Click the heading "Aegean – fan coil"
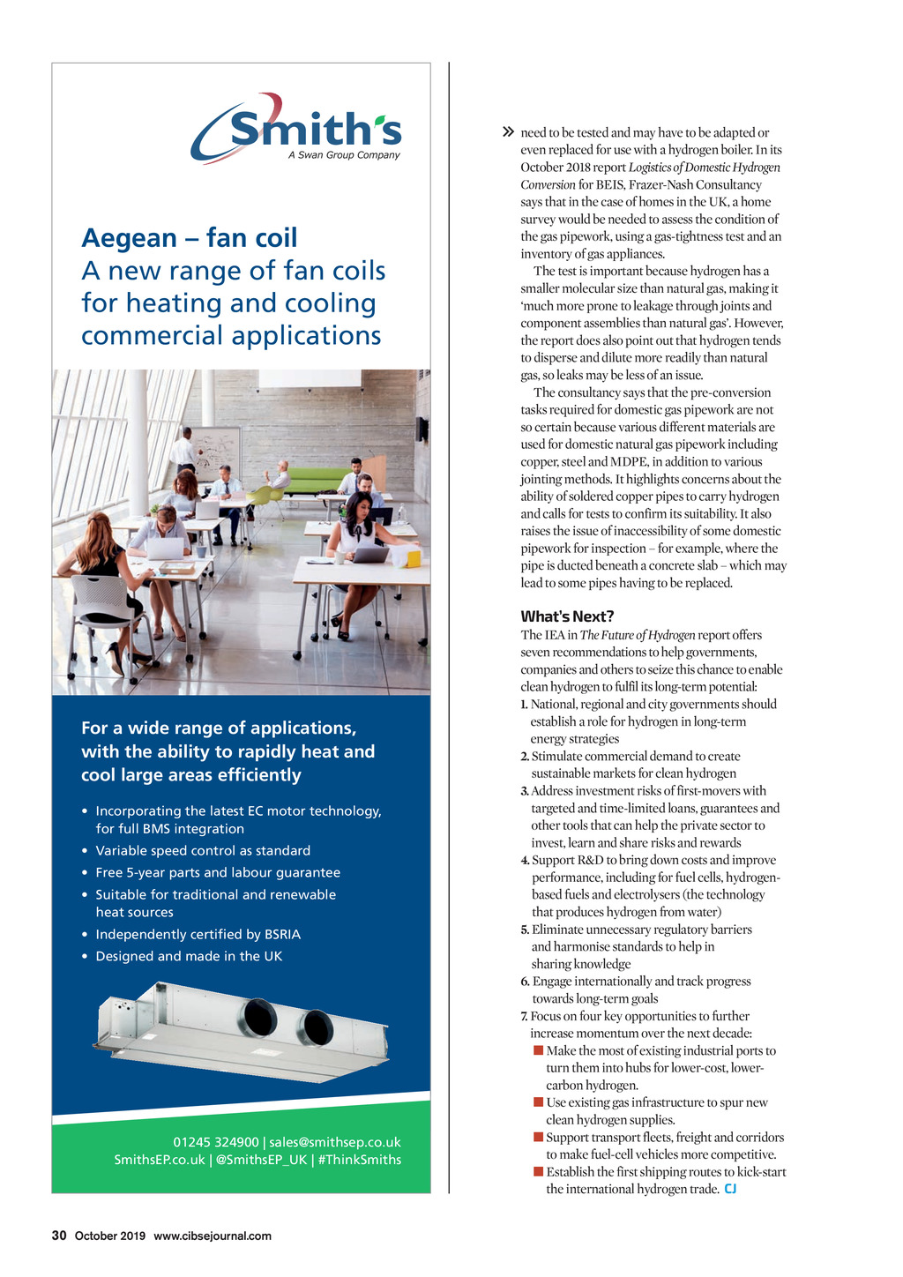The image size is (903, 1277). pyautogui.click(x=190, y=238)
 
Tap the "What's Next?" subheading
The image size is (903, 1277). pyautogui.click(x=567, y=616)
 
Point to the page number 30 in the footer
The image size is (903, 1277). pyautogui.click(x=59, y=1236)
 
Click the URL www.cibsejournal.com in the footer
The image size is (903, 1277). pyautogui.click(x=213, y=1236)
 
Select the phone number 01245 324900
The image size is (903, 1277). pyautogui.click(x=216, y=1142)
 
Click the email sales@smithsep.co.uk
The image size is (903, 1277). pyautogui.click(x=335, y=1142)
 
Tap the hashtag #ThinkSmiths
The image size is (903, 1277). pyautogui.click(x=360, y=1160)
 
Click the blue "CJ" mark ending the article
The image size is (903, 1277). pyautogui.click(x=730, y=1189)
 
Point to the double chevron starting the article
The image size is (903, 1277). pyautogui.click(x=507, y=132)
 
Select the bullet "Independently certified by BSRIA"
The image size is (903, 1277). pyautogui.click(x=198, y=934)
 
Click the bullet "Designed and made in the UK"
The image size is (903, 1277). pyautogui.click(x=189, y=956)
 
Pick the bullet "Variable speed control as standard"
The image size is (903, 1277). pyautogui.click(x=203, y=850)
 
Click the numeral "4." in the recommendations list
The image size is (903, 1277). pyautogui.click(x=525, y=860)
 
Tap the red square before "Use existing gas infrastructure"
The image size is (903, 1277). pyautogui.click(x=538, y=1102)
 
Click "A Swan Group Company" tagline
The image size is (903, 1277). pyautogui.click(x=344, y=155)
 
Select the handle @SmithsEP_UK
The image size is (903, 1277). pyautogui.click(x=261, y=1160)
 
